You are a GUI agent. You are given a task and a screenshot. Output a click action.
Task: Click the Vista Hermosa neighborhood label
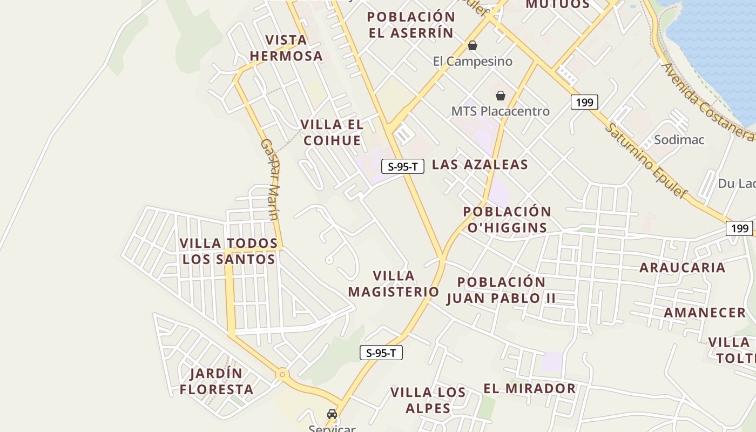pyautogui.click(x=286, y=48)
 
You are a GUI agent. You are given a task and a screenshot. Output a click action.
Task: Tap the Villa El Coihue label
pyautogui.click(x=332, y=132)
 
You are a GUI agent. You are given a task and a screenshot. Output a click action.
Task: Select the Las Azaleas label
pyautogui.click(x=480, y=165)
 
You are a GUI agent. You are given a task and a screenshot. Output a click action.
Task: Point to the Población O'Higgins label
pyautogui.click(x=507, y=219)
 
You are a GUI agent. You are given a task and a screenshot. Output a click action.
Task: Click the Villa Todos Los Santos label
pyautogui.click(x=228, y=251)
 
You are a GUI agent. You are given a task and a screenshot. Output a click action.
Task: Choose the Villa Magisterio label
pyautogui.click(x=394, y=284)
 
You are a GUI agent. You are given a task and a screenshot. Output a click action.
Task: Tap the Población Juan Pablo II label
pyautogui.click(x=501, y=290)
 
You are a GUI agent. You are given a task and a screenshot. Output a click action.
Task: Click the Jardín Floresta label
pyautogui.click(x=217, y=381)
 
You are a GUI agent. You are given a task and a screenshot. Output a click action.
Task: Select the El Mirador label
pyautogui.click(x=529, y=388)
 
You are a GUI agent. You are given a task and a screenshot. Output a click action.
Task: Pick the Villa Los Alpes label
pyautogui.click(x=428, y=400)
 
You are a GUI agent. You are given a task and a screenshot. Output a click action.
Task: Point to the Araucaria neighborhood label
pyautogui.click(x=682, y=267)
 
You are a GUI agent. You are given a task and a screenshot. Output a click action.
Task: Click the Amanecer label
pyautogui.click(x=704, y=313)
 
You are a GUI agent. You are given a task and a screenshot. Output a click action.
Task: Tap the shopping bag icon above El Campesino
pyautogui.click(x=473, y=45)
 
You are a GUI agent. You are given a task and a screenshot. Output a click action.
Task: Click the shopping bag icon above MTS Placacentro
pyautogui.click(x=501, y=96)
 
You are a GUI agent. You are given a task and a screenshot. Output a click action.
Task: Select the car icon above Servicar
pyautogui.click(x=332, y=414)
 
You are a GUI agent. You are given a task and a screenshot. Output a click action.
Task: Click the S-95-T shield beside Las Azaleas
pyautogui.click(x=403, y=166)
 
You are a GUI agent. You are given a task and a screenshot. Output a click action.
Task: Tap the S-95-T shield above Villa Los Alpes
pyautogui.click(x=381, y=353)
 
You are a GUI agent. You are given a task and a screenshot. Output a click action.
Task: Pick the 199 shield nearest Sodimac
pyautogui.click(x=584, y=102)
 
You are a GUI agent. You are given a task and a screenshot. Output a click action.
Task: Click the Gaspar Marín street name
pyautogui.click(x=269, y=179)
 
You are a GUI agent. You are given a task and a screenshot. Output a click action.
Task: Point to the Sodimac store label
pyautogui.click(x=679, y=140)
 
